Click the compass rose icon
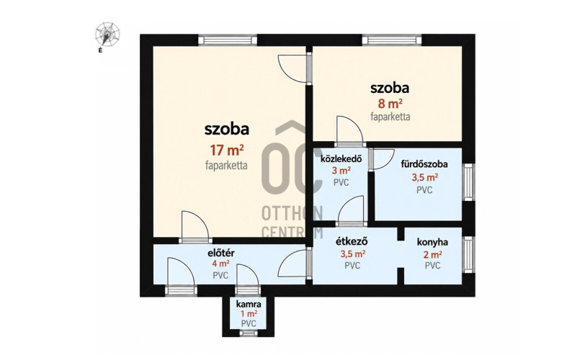coord(107,35)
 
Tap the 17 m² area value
coord(227,150)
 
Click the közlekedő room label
coord(341,159)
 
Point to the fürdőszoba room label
coord(424,164)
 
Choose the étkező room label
coord(352,241)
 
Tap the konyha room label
coord(432,242)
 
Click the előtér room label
coord(221,253)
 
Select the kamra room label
coord(249,304)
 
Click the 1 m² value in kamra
coord(249,314)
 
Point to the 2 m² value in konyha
coord(433,255)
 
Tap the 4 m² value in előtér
coord(221,264)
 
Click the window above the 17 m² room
coord(228,40)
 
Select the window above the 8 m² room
coord(392,40)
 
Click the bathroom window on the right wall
coord(468,182)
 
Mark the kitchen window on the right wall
coord(468,255)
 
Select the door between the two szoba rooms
coord(295,68)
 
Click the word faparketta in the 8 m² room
coord(390,117)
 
